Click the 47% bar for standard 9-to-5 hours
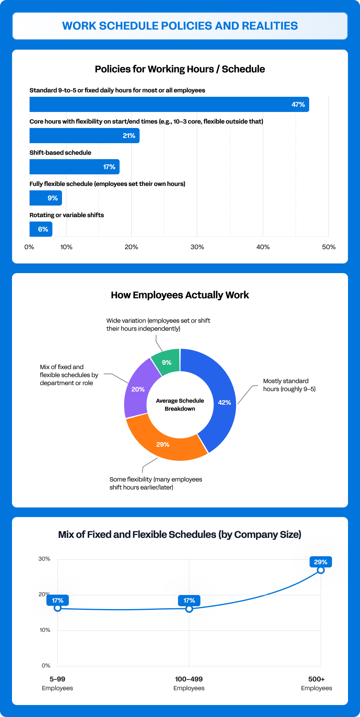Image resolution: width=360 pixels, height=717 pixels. tap(169, 104)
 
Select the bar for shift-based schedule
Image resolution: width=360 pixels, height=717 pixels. tap(74, 167)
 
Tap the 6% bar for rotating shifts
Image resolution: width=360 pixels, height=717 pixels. tap(41, 229)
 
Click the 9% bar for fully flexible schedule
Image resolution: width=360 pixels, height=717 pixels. tap(46, 198)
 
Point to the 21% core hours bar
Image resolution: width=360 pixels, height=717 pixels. tap(84, 136)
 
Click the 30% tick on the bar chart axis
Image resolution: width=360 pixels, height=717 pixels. tap(197, 247)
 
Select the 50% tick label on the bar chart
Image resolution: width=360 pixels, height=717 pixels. tap(329, 247)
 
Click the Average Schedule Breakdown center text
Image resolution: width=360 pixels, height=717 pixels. tap(180, 405)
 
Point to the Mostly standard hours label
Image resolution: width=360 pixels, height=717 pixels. tap(289, 385)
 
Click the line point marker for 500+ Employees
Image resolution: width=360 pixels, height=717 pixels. tap(321, 570)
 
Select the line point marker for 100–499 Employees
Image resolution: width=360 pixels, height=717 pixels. tap(189, 609)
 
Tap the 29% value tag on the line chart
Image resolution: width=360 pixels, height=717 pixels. tap(321, 562)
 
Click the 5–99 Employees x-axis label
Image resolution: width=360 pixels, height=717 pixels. tap(58, 683)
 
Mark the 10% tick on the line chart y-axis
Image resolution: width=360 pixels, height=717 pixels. tap(45, 630)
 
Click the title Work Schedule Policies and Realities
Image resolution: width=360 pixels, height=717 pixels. tap(180, 26)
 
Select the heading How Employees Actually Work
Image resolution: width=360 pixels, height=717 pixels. tap(180, 295)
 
